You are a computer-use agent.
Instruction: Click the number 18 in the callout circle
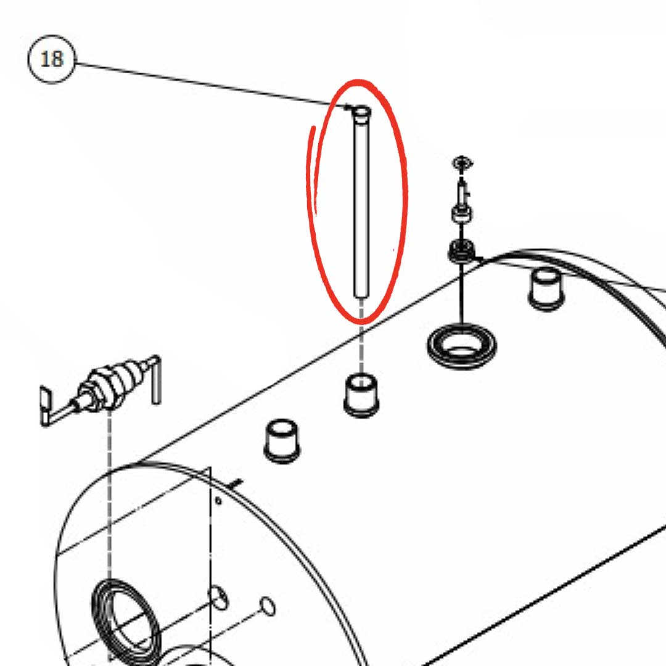pos(52,59)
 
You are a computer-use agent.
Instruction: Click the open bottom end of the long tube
pos(361,294)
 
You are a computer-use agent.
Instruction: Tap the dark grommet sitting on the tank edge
pos(461,250)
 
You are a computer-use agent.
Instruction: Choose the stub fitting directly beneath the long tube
pos(361,395)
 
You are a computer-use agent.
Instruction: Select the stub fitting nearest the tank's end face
pos(282,441)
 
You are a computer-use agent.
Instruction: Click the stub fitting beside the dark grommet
pos(546,288)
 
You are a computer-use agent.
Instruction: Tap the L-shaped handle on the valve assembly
pos(155,379)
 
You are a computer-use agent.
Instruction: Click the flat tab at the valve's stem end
pos(45,406)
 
